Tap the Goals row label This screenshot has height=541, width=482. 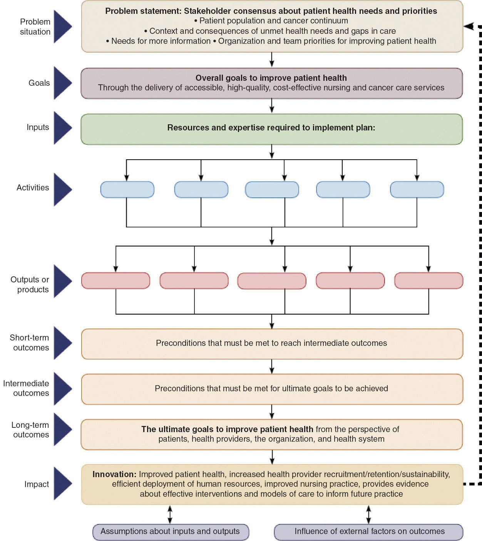point(39,83)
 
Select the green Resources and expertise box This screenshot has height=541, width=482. point(271,129)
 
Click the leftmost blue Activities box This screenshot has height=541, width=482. point(127,190)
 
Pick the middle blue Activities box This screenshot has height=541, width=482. point(272,190)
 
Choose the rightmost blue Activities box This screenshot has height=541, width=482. point(417,190)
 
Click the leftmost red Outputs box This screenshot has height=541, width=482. point(115,281)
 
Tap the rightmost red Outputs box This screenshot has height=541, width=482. point(428,281)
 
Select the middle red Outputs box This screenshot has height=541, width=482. point(272,281)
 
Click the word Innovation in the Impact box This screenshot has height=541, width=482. point(114,474)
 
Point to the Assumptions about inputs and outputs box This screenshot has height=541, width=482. point(170,532)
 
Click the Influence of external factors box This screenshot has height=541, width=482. point(368,532)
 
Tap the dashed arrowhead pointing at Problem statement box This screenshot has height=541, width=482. point(469,26)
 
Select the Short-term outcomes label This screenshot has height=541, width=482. point(30,342)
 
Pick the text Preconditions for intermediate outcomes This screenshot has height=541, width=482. point(271,343)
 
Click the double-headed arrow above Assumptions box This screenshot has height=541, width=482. point(170,514)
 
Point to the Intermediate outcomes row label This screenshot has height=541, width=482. point(26,388)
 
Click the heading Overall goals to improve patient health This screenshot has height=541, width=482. point(271,78)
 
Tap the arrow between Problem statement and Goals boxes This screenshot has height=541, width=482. point(272,59)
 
